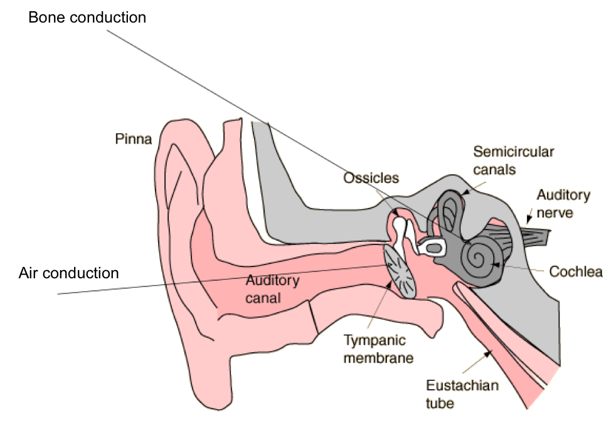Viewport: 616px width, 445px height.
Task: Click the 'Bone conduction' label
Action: click(87, 18)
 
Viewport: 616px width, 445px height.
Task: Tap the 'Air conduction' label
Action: click(68, 273)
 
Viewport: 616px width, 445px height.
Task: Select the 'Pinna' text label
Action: click(133, 139)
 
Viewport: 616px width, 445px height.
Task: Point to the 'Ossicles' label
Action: click(371, 178)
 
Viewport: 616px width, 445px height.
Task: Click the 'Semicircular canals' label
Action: click(513, 160)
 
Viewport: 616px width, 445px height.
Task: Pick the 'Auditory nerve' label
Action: click(563, 204)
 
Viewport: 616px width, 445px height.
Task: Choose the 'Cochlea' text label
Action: click(575, 272)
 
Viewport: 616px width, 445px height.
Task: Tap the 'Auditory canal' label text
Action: click(272, 289)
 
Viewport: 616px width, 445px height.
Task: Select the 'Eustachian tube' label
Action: click(462, 394)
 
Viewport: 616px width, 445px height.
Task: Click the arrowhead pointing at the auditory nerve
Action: click(529, 219)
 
